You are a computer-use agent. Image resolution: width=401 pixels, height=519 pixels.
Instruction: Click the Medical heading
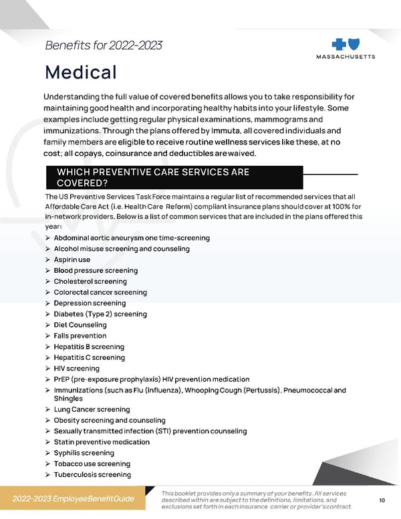pos(81,72)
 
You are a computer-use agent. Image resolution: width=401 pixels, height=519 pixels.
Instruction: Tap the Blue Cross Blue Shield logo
pos(344,43)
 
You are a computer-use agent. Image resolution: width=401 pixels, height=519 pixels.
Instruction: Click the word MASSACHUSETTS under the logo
pos(345,57)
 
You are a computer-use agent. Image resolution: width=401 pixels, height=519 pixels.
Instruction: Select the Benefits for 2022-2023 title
pos(103,45)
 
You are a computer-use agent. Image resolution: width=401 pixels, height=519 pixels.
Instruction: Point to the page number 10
pos(382,500)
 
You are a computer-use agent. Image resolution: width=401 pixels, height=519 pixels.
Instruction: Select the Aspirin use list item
pos(72,259)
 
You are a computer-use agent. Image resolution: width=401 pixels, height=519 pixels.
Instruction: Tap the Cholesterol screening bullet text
pos(90,282)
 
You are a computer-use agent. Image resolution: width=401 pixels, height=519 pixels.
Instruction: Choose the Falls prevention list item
pos(80,336)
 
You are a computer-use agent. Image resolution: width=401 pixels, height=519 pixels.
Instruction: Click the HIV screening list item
pos(76,369)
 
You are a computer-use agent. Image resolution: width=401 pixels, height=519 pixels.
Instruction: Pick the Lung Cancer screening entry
pos(92,409)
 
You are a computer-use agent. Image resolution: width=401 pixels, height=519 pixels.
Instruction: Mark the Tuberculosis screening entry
pos(92,475)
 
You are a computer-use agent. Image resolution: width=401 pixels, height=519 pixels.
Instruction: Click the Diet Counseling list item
pos(80,325)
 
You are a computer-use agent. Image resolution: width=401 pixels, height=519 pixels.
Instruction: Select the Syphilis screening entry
pos(84,453)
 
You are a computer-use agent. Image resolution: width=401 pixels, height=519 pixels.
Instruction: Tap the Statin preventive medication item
pos(102,442)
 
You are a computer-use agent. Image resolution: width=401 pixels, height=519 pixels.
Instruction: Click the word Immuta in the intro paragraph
pos(220,130)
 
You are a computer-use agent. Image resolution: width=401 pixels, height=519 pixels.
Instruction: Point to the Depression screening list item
pos(90,303)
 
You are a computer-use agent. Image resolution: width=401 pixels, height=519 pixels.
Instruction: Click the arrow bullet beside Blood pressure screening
pos(47,271)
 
